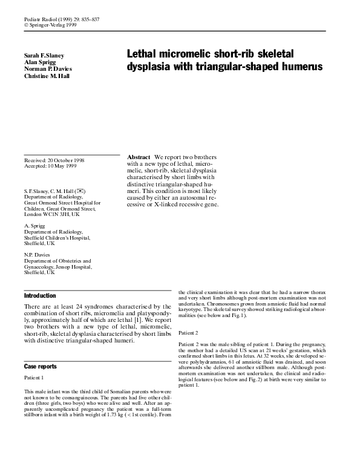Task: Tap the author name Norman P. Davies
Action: (48, 69)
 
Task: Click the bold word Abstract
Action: (139, 157)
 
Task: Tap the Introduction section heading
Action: (40, 296)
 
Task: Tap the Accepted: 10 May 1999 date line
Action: (54, 166)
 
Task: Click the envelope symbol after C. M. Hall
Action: (89, 191)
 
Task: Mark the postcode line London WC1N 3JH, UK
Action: (51, 215)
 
